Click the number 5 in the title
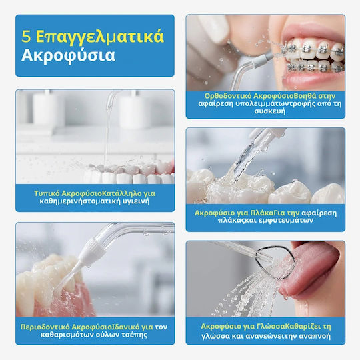(x=26, y=36)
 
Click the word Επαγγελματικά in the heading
(x=100, y=37)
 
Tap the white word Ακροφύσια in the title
(x=68, y=55)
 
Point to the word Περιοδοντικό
(x=45, y=327)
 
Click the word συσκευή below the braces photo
(x=270, y=111)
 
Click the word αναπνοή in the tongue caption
(x=317, y=336)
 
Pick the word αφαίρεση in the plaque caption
(x=319, y=213)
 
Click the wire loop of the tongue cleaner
(x=276, y=263)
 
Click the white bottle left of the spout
(x=47, y=109)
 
